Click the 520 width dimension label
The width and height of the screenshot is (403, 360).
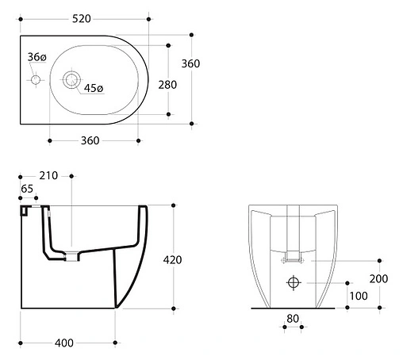coord(82,19)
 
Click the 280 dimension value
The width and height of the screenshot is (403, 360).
coord(167,85)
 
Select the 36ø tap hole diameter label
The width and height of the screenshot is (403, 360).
coord(37,57)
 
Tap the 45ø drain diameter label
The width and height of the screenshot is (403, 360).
coord(94,88)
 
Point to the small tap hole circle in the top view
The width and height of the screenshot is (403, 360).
coord(36,79)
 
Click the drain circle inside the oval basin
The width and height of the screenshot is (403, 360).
coord(71,79)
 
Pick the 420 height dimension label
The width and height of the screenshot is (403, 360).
coord(172,260)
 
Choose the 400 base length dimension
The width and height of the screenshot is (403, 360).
coord(64,343)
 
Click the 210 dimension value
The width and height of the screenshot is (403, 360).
coord(48,175)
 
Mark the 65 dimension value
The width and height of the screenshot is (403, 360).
coord(27,189)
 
